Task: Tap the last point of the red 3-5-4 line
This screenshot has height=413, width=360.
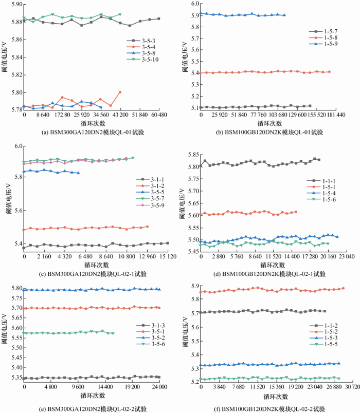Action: [x=120, y=92]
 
